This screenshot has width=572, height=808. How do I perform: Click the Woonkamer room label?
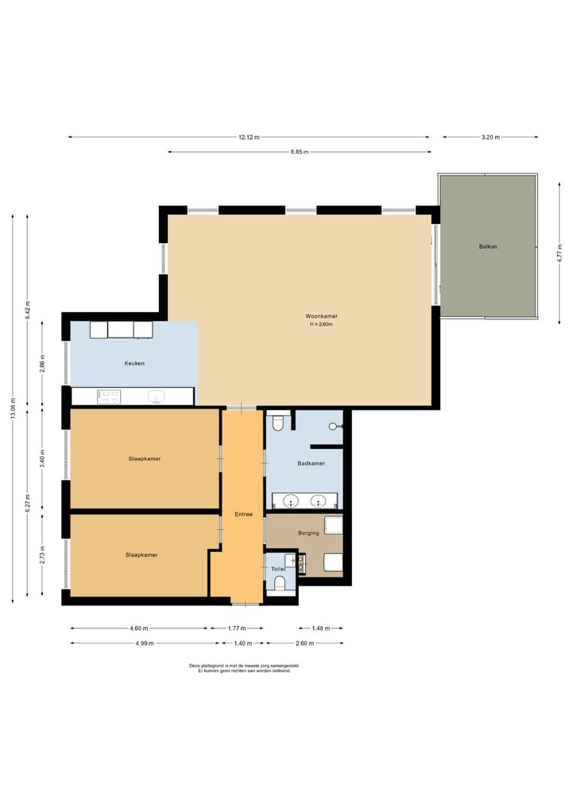[x=321, y=316]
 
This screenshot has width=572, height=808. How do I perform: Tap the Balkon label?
[x=488, y=246]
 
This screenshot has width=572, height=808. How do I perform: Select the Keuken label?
[x=134, y=363]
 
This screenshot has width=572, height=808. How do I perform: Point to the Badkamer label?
[x=311, y=463]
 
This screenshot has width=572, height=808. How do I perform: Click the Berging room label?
[x=309, y=533]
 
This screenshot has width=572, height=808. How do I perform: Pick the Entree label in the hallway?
[x=244, y=514]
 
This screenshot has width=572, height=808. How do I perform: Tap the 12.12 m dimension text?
[x=249, y=137]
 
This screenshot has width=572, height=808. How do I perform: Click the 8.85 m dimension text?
[x=300, y=152]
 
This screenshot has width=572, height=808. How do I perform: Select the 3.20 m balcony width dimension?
[x=491, y=137]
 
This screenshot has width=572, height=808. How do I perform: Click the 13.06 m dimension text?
[x=13, y=408]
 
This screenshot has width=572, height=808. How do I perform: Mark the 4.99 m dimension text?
[x=145, y=643]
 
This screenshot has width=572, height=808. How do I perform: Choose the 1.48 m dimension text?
[x=320, y=628]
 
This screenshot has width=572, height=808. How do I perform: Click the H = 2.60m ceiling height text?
[x=321, y=325]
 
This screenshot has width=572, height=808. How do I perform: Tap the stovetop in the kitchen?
[x=109, y=396]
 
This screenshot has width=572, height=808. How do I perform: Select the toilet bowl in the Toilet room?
[x=280, y=583]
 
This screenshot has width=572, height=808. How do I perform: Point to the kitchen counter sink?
[x=156, y=396]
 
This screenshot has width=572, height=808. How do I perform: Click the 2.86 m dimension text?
[x=43, y=363]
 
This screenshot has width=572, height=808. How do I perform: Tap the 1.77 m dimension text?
[x=237, y=628]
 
